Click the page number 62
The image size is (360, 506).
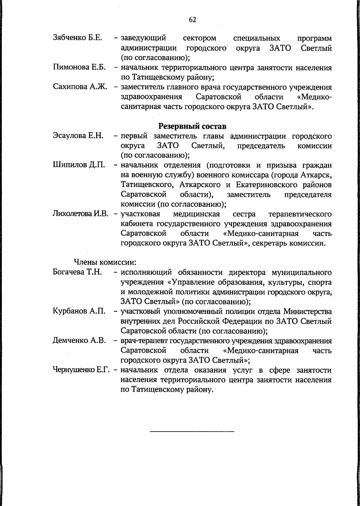[192, 20]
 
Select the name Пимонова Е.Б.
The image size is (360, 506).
[79, 67]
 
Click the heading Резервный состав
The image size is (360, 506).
[192, 126]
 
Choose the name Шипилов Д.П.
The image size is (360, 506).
[79, 165]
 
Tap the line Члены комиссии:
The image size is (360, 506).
[105, 262]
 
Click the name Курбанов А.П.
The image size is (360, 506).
[79, 311]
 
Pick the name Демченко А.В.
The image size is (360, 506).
[79, 341]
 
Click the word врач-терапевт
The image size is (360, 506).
[144, 341]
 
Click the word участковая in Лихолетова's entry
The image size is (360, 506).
[140, 214]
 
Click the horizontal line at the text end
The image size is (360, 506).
[192, 432]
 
